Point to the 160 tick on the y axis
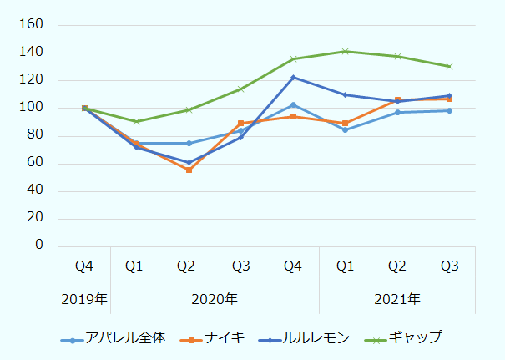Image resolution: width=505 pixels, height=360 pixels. pyautogui.click(x=32, y=25)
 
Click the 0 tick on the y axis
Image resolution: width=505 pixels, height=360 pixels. pyautogui.click(x=38, y=246)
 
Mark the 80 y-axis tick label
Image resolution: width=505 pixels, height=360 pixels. pyautogui.click(x=35, y=135)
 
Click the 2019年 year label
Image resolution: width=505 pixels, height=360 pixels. pyautogui.click(x=84, y=299)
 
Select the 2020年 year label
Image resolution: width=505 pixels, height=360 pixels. pyautogui.click(x=215, y=299)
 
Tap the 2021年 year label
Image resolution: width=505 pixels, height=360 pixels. pyautogui.click(x=397, y=299)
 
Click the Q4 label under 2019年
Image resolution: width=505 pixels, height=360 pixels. pyautogui.click(x=84, y=266)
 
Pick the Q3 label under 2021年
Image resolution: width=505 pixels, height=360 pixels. pyautogui.click(x=449, y=266)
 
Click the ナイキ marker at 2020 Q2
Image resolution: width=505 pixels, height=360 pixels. pyautogui.click(x=189, y=170)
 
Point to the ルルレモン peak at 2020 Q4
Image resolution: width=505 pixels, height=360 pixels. pyautogui.click(x=293, y=78)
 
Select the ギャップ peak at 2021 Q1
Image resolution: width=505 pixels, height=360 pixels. pyautogui.click(x=345, y=52)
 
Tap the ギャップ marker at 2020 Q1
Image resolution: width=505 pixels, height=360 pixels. pyautogui.click(x=136, y=122)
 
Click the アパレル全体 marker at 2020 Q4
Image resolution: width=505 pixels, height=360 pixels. pyautogui.click(x=293, y=105)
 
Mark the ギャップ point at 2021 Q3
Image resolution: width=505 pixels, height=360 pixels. pyautogui.click(x=449, y=66)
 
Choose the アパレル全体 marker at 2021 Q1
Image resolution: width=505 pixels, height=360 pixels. pyautogui.click(x=345, y=129)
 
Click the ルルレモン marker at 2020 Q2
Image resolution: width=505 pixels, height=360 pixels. pyautogui.click(x=189, y=162)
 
